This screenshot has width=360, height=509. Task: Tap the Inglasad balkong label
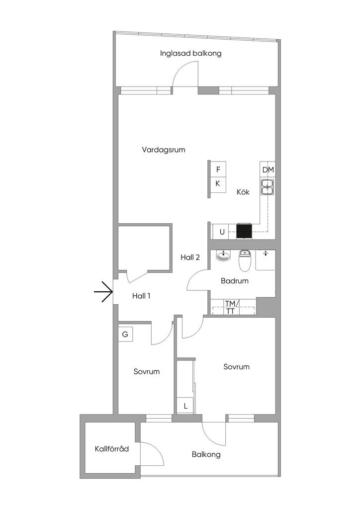coord(190,54)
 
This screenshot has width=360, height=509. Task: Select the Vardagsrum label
coord(164,150)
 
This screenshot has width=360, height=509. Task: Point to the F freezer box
coord(218,170)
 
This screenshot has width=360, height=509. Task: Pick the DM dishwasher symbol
coord(268,170)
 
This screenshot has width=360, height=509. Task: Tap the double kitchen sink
coord(268,187)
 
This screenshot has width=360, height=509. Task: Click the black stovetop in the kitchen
coord(244,232)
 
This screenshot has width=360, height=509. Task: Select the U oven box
coord(222,232)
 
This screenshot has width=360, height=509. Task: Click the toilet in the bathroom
coord(245,260)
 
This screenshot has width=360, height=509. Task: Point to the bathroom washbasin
coord(223,255)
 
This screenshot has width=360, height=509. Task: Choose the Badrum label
coord(234,281)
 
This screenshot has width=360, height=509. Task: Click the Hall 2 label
coord(190,257)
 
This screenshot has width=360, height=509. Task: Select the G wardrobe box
coord(125,334)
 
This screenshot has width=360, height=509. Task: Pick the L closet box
coord(185,406)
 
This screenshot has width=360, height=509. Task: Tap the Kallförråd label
coord(112,449)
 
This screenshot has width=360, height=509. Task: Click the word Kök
coord(243,192)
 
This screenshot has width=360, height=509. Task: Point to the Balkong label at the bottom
coord(206,454)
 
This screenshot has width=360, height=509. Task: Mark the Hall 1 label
coord(141,296)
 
